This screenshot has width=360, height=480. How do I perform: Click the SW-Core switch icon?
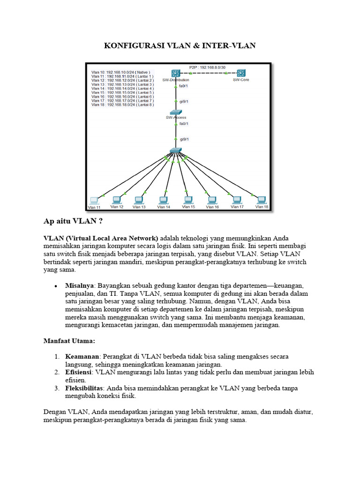click(x=241, y=73)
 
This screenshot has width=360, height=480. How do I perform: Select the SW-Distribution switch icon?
click(x=175, y=73)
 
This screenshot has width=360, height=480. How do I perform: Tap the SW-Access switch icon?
click(x=176, y=112)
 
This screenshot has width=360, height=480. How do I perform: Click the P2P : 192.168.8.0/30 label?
click(x=207, y=67)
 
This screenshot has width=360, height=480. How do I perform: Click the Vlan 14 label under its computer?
click(x=163, y=207)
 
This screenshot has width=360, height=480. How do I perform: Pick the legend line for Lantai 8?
click(x=122, y=105)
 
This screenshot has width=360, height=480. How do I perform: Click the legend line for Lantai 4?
click(x=122, y=88)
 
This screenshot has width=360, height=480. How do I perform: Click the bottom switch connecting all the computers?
click(x=176, y=150)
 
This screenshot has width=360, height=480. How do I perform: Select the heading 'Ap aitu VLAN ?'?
click(x=73, y=221)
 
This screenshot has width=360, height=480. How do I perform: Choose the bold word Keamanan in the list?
click(x=82, y=356)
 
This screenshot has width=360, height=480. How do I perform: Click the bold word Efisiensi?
click(x=79, y=372)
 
